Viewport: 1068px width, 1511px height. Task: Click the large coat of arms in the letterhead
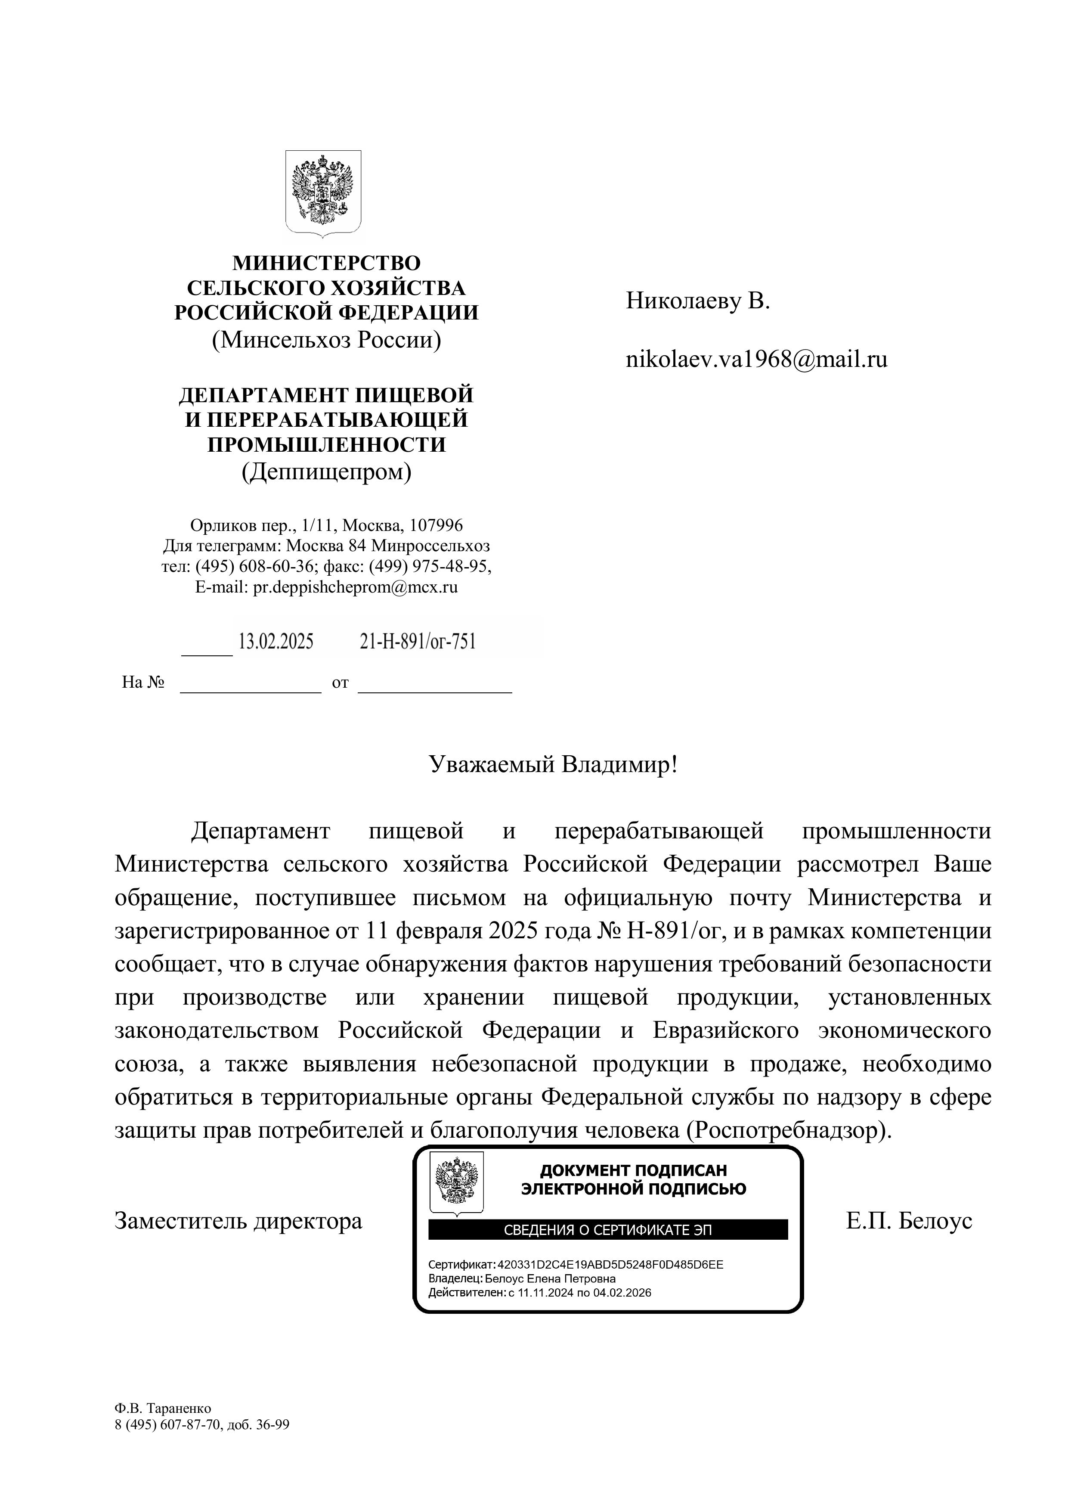point(323,193)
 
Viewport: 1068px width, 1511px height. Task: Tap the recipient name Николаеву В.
point(697,301)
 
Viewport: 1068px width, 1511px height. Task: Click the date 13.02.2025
point(276,642)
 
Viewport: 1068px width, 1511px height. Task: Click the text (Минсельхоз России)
point(326,340)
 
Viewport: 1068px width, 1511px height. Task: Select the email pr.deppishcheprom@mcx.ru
point(355,587)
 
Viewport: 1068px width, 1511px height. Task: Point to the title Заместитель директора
point(238,1221)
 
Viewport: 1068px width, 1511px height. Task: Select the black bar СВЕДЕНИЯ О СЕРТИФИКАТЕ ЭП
point(607,1229)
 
